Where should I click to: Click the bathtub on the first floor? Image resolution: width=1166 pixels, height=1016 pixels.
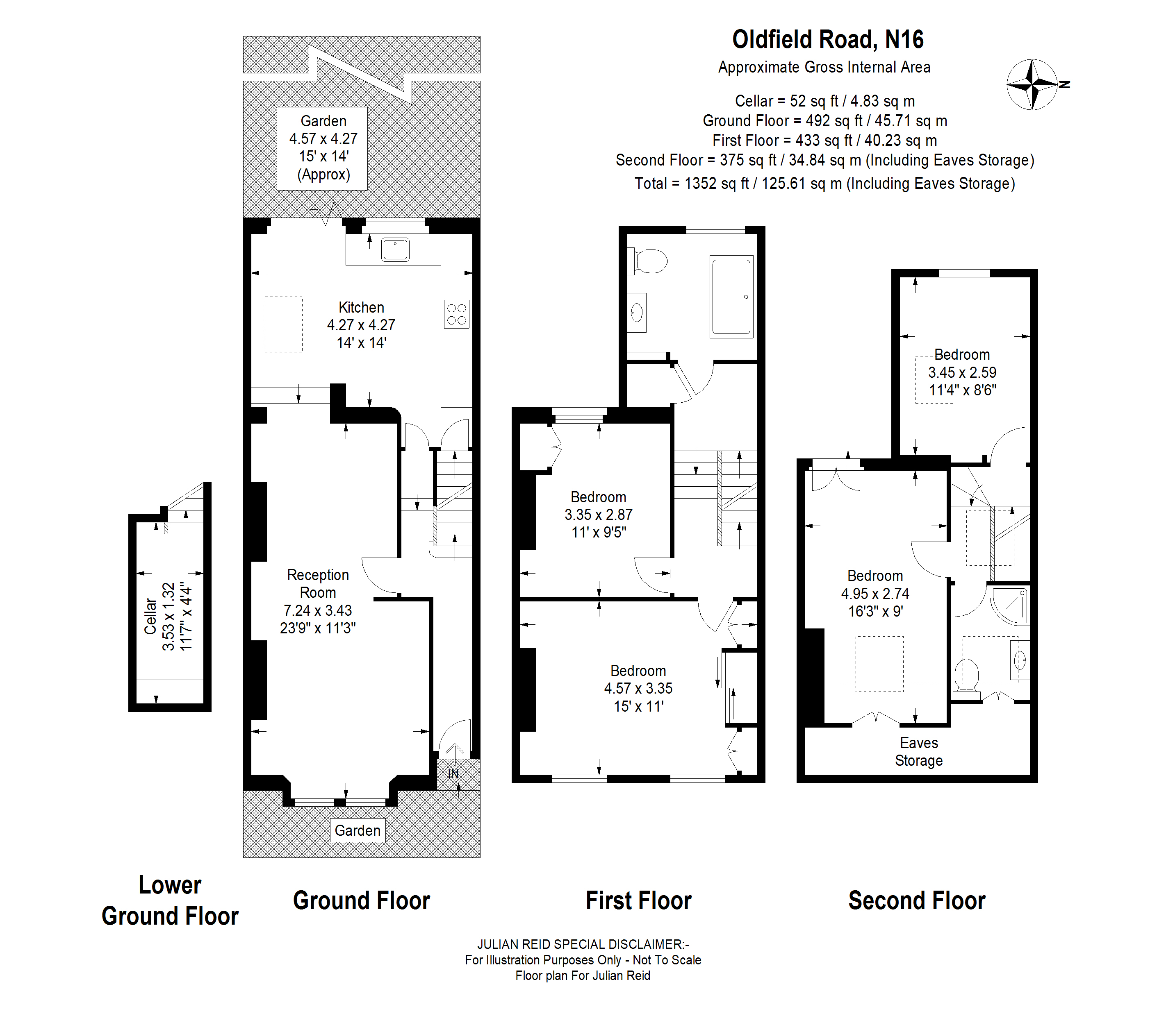[731, 297]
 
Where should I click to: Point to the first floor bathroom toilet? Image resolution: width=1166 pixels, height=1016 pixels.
[650, 261]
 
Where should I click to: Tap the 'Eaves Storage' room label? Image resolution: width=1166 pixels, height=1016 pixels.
[919, 752]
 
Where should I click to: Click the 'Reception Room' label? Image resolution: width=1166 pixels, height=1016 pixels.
[318, 583]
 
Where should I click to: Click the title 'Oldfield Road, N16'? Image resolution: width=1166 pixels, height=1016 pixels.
[827, 40]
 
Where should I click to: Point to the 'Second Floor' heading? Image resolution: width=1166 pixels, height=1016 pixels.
[916, 900]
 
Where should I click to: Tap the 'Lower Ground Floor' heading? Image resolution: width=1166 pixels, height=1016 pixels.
[170, 900]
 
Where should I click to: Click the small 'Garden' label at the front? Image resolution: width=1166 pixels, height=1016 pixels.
[358, 830]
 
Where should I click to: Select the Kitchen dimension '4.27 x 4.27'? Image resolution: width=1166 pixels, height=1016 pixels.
[361, 325]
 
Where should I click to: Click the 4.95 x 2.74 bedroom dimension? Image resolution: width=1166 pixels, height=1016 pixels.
[875, 594]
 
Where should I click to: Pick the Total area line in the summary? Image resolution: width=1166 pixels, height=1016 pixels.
[824, 184]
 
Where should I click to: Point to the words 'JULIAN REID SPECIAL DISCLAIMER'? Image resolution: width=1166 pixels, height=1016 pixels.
[583, 944]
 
